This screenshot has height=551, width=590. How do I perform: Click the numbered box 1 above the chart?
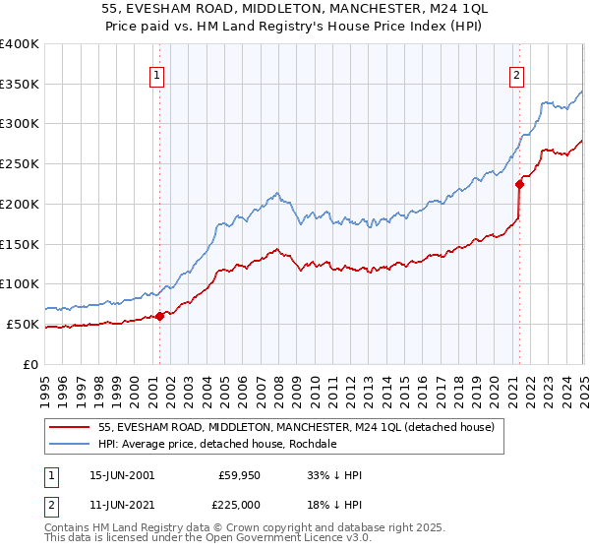pos(157,73)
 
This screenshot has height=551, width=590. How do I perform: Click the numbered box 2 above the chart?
pos(517,73)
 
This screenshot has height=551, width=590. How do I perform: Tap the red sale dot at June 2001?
pos(160,316)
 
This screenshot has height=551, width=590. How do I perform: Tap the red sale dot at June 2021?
pos(519,183)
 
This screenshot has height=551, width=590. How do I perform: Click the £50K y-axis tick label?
pos(24,324)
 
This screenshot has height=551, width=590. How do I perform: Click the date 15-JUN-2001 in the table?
pos(123,475)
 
